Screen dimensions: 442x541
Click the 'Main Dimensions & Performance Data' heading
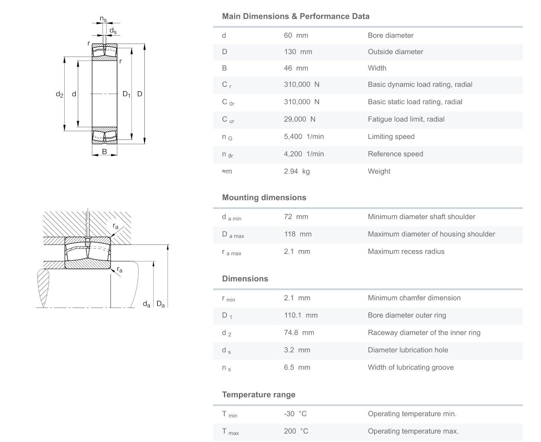click(296, 16)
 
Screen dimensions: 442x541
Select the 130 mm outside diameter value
click(298, 52)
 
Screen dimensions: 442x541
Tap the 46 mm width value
click(296, 68)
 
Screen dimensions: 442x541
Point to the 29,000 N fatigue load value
click(300, 119)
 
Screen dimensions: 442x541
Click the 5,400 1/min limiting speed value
click(304, 137)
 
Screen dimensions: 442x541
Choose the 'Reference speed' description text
click(395, 154)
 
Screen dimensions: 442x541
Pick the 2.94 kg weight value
click(297, 171)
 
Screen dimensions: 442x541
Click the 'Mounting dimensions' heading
click(264, 198)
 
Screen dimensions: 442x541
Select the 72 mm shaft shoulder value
click(296, 217)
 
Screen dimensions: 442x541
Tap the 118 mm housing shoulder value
click(298, 234)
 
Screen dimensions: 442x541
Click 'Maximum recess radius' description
click(406, 251)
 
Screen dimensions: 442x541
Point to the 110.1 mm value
click(301, 315)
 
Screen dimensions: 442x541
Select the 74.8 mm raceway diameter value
click(299, 333)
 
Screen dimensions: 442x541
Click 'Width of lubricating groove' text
click(410, 367)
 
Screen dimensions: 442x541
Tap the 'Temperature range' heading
click(259, 395)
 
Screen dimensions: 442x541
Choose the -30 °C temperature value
click(295, 414)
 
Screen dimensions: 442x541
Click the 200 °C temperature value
click(296, 431)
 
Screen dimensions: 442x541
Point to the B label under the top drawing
click(104, 152)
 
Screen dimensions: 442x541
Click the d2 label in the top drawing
click(59, 94)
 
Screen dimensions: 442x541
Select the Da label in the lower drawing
click(161, 304)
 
